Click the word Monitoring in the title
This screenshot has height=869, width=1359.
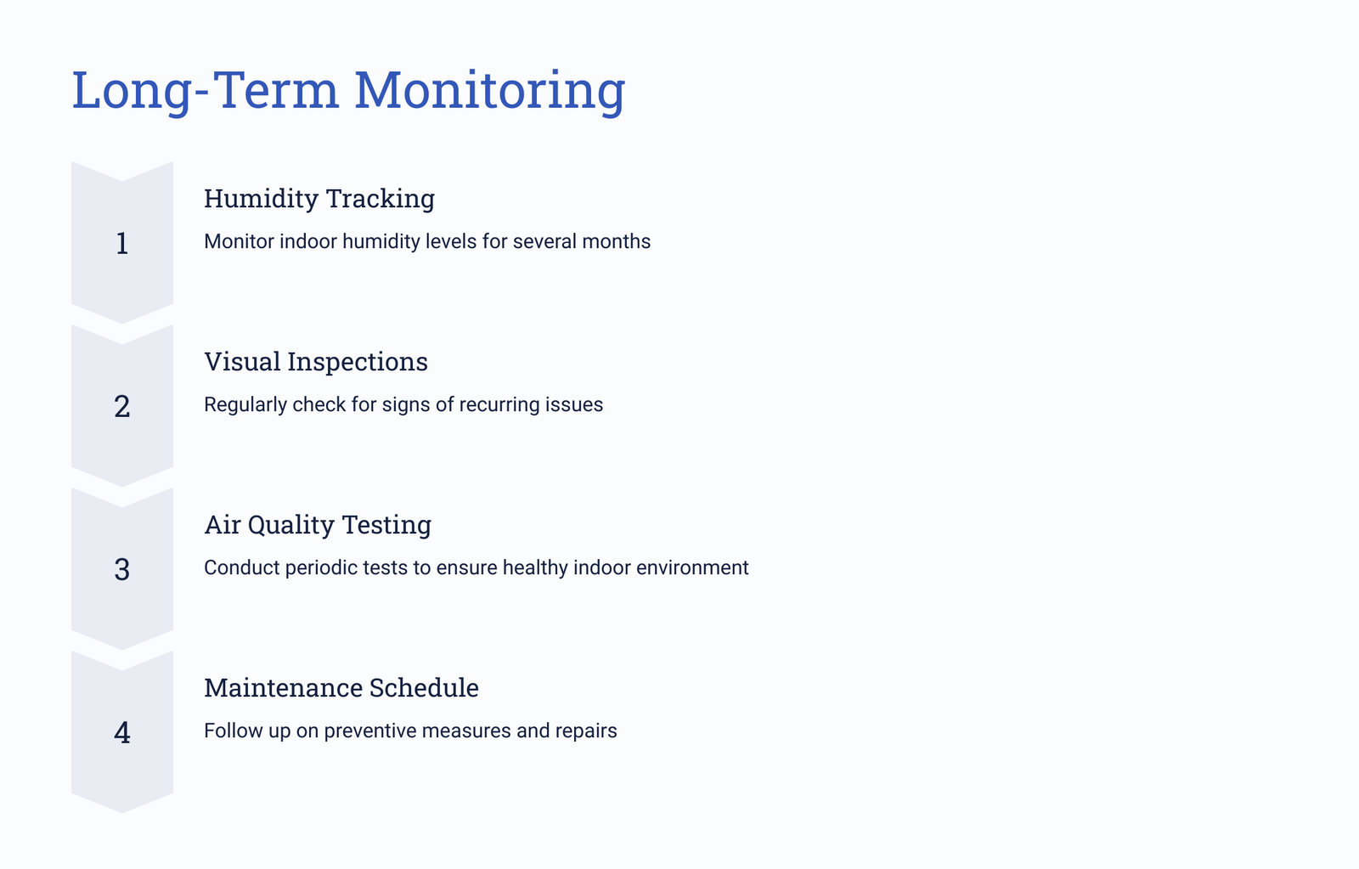coord(489,91)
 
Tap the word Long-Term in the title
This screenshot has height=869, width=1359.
coord(205,91)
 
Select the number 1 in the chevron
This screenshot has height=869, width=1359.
coord(122,243)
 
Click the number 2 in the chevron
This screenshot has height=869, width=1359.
coord(122,407)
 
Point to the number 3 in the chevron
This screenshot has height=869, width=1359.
coord(122,570)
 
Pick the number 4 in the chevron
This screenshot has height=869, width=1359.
coord(122,732)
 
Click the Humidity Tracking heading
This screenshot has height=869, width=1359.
coord(319,199)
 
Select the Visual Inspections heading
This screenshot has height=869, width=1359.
coord(315,362)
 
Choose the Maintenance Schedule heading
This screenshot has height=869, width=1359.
coord(341,688)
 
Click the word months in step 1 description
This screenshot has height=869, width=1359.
coord(617,241)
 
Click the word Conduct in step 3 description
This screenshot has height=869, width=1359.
coord(241,568)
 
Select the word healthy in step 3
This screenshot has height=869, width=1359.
coord(535,568)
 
